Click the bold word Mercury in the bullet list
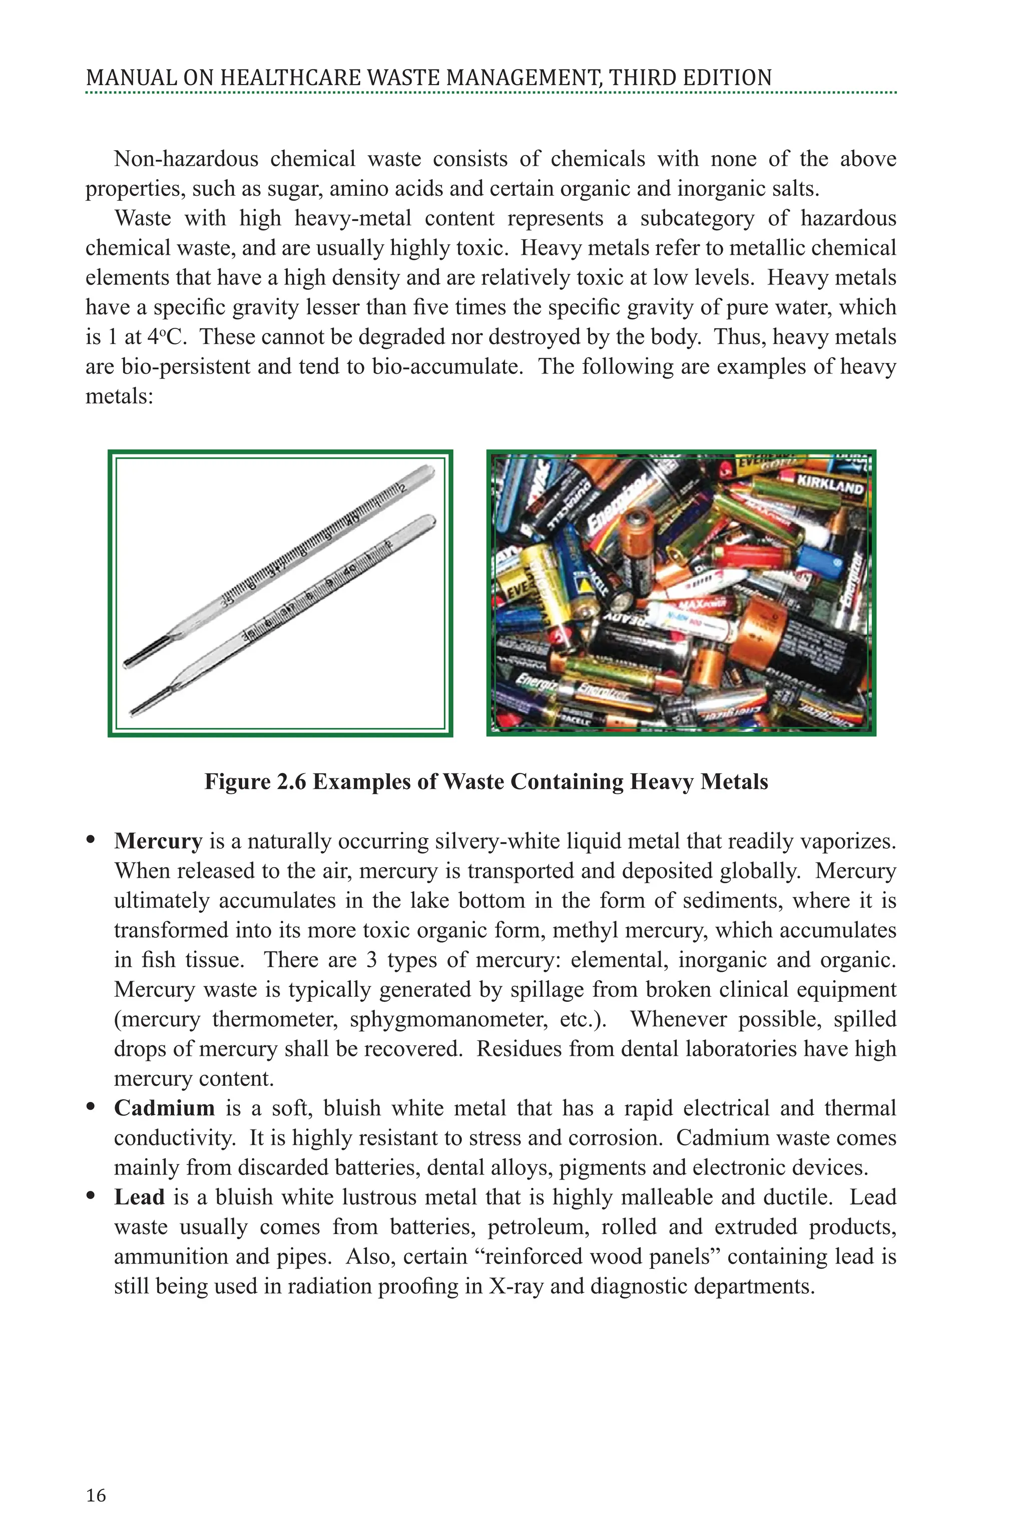(x=158, y=841)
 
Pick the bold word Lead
(x=139, y=1197)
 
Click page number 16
(x=96, y=1495)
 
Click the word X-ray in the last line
(x=517, y=1286)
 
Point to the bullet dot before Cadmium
(x=92, y=1107)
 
